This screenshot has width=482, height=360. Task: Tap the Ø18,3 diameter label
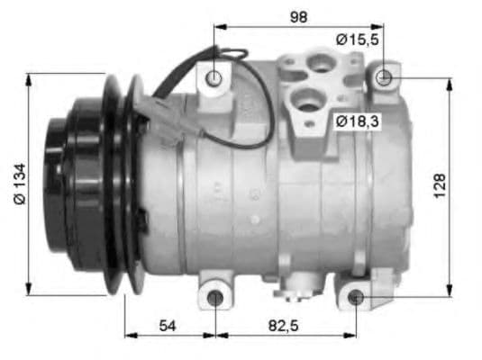click(x=356, y=120)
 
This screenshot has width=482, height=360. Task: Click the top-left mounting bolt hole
click(x=214, y=78)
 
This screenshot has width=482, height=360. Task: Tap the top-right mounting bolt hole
click(x=384, y=77)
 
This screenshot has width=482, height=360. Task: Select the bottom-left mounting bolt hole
click(x=215, y=298)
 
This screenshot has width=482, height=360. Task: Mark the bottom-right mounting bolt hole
click(x=356, y=297)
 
